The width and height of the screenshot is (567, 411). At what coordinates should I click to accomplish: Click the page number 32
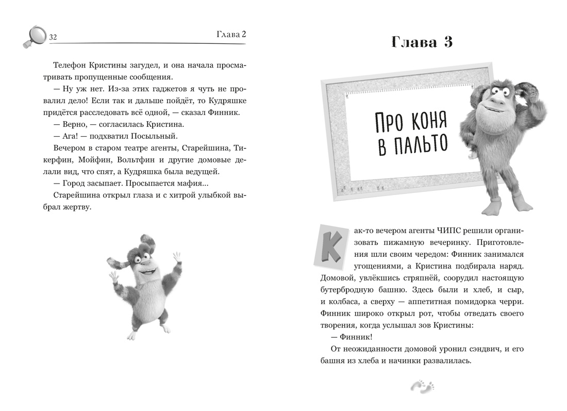tap(52, 37)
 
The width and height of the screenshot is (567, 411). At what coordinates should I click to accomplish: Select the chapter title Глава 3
tap(422, 42)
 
